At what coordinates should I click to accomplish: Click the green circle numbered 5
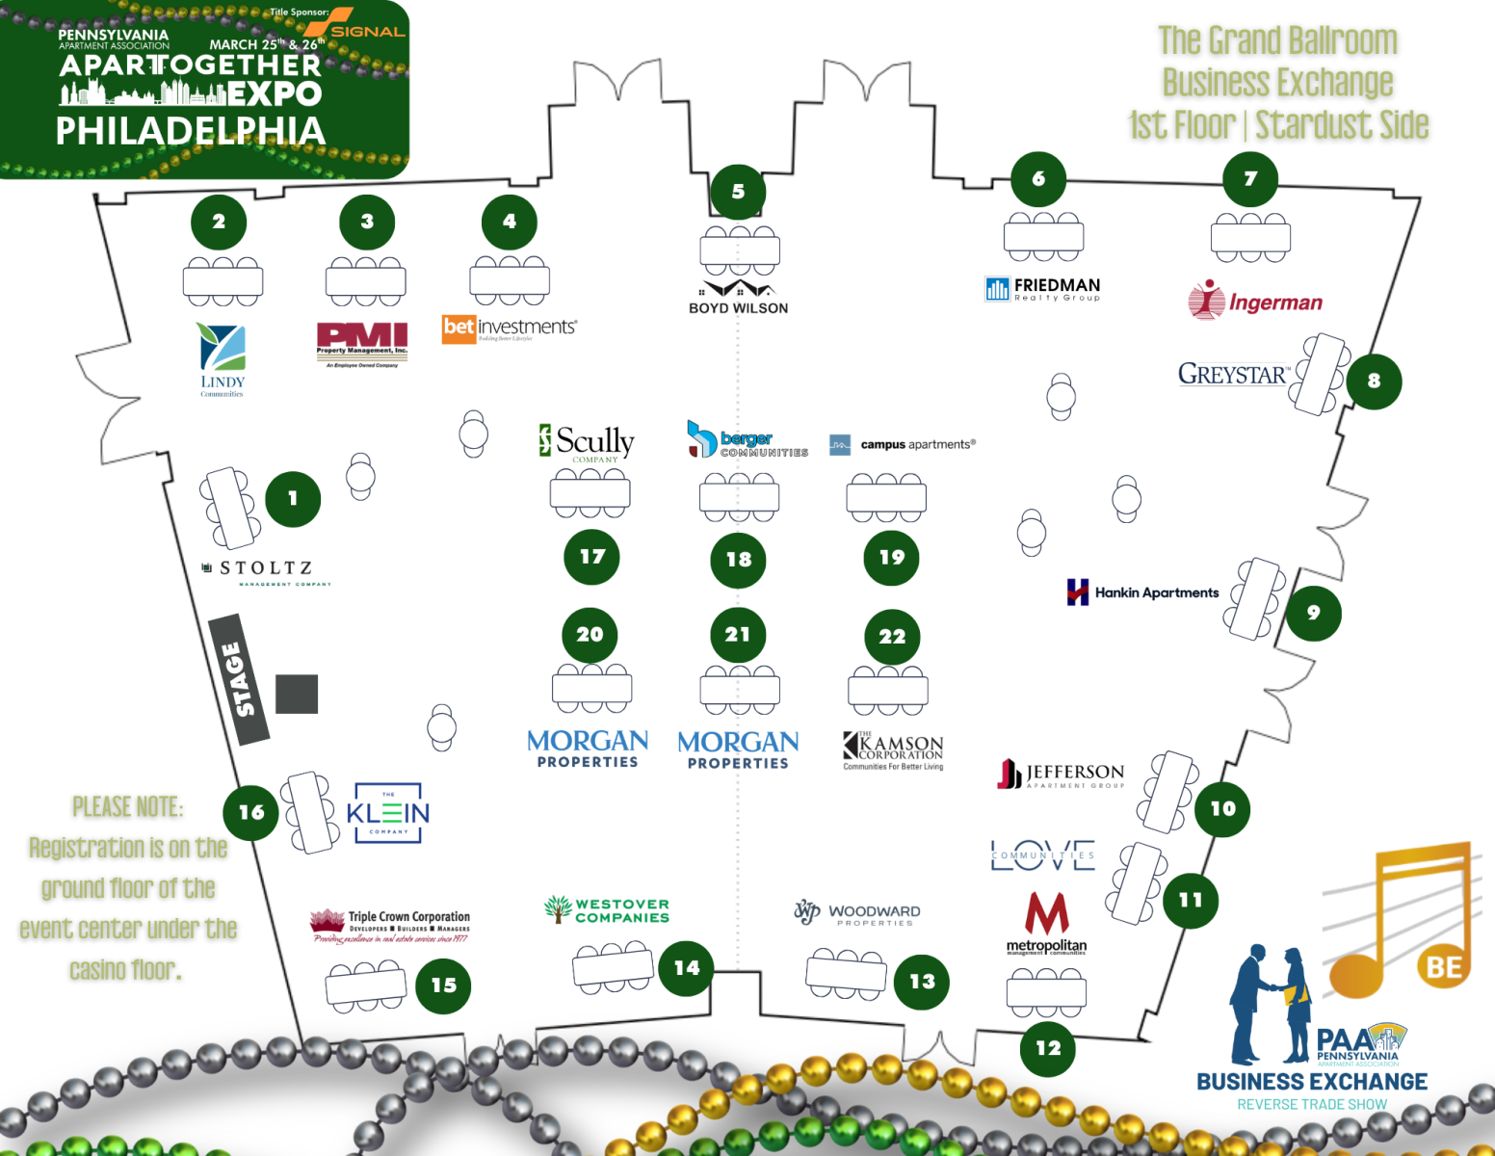738,192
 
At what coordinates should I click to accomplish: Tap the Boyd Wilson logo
739,297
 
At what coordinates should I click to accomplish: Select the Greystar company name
1233,374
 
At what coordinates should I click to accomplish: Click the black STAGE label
239,679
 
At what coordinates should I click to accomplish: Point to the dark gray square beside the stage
297,694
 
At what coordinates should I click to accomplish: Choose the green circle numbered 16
251,812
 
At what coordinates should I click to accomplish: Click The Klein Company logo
388,813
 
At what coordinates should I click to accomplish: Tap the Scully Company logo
588,442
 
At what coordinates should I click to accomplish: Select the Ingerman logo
1255,301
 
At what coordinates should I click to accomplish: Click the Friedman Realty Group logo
1042,288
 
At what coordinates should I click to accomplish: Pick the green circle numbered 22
892,637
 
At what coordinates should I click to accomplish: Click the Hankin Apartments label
1143,592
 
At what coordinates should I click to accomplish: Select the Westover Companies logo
607,909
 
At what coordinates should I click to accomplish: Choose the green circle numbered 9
1313,613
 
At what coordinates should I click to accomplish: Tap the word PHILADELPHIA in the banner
191,131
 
